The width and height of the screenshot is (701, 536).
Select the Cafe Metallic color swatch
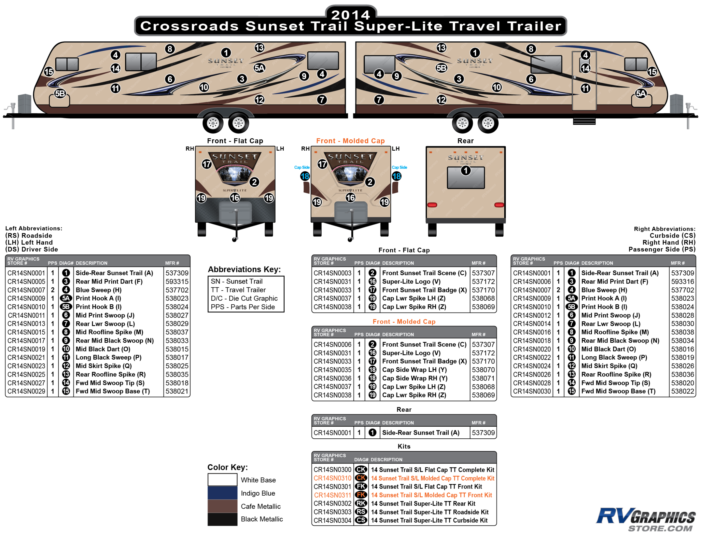pos(222,506)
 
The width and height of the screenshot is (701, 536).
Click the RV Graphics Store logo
pos(645,519)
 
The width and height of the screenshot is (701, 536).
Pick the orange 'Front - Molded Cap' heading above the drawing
pos(350,141)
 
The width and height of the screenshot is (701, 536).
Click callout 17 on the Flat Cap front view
pos(207,164)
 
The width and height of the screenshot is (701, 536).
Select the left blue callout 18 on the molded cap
pos(305,176)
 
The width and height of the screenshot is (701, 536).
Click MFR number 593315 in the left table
pos(177,281)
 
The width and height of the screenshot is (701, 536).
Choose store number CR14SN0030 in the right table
pos(532,391)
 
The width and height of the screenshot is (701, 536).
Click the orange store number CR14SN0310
pos(332,478)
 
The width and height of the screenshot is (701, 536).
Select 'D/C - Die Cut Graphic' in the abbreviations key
pos(244,298)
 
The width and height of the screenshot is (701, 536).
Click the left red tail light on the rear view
pos(432,204)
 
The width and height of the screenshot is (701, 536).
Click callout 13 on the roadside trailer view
pos(259,48)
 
